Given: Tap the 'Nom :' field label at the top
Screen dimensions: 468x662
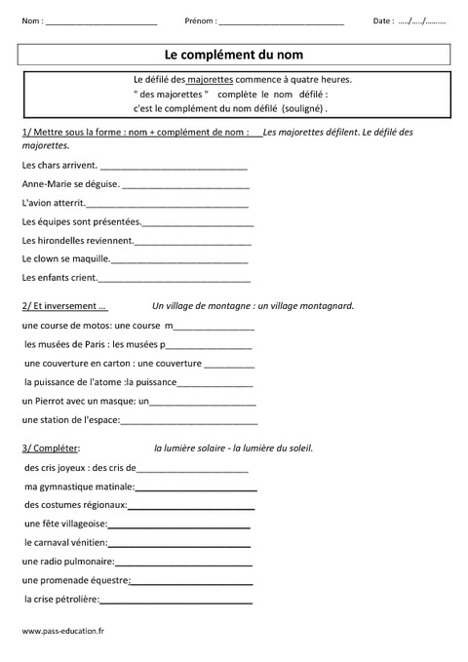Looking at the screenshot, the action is [x=31, y=20].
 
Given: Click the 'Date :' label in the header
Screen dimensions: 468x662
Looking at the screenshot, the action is [x=384, y=20].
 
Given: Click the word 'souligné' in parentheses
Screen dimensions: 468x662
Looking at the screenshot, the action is [x=303, y=108].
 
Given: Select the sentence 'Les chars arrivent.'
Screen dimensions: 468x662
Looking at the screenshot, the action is [x=54, y=165].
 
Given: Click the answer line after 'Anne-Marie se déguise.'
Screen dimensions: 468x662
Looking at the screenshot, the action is [x=185, y=184].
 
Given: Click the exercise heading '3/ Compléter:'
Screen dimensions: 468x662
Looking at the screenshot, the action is [x=51, y=448].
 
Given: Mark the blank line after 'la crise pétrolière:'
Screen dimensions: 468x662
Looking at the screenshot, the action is [x=191, y=600].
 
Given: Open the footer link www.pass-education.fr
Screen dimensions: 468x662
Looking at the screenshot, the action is [x=62, y=631].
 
